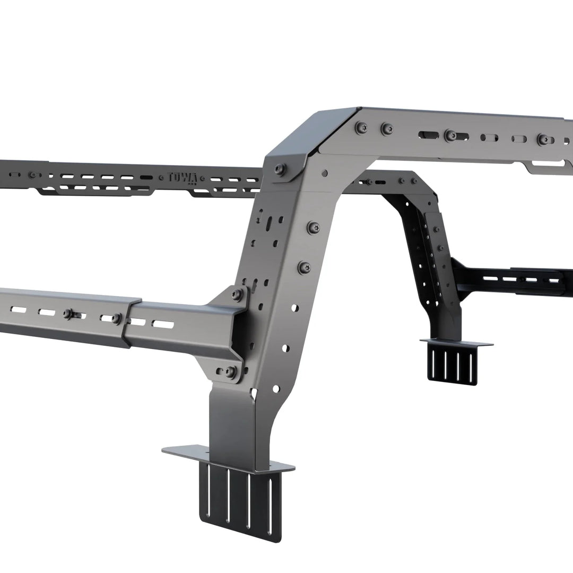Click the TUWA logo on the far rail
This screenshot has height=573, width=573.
183,178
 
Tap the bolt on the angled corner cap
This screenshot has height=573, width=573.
280,169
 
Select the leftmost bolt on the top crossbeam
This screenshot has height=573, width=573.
362,127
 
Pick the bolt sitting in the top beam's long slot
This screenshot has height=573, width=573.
450,135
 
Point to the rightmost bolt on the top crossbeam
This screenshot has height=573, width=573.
543,140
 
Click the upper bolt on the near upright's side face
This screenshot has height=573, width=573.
313,227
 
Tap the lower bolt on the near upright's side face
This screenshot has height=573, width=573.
304,267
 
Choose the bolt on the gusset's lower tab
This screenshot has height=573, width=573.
230,371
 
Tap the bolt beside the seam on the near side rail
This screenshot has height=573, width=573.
116,318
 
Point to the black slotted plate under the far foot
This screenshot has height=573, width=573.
451,364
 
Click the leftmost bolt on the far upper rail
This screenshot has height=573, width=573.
33,175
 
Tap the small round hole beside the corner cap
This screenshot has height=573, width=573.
324,173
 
